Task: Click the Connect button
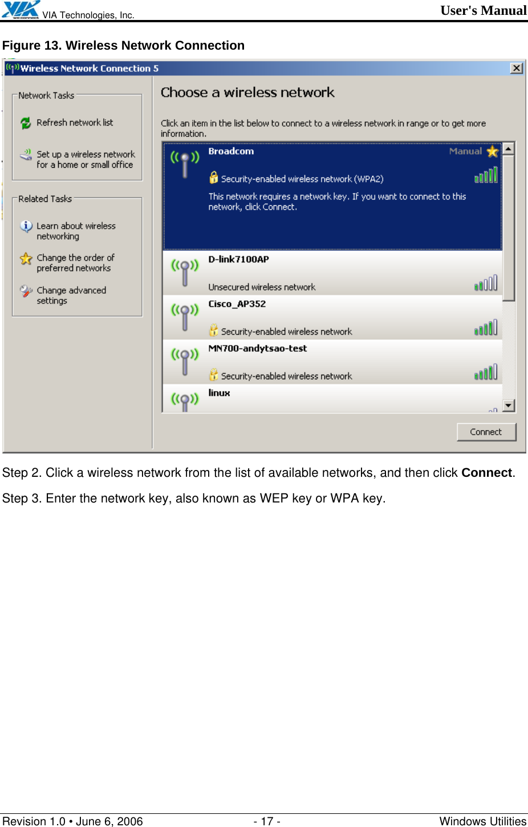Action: pos(486,432)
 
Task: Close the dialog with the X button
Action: pos(516,68)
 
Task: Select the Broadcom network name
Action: pos(231,151)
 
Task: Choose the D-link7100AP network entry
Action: pos(238,259)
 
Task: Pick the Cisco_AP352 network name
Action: pos(237,303)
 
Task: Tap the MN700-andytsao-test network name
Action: pos(257,348)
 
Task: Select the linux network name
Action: pos(219,392)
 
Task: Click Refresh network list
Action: pos(75,123)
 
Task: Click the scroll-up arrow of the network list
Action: pos(509,148)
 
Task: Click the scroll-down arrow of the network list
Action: pos(509,406)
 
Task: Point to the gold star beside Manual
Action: pos(493,152)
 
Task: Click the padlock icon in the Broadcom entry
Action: pos(213,178)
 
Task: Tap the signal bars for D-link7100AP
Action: pos(486,283)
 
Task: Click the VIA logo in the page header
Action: pos(21,10)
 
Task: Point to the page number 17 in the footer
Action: pos(267,821)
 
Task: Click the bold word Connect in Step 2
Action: pos(486,473)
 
